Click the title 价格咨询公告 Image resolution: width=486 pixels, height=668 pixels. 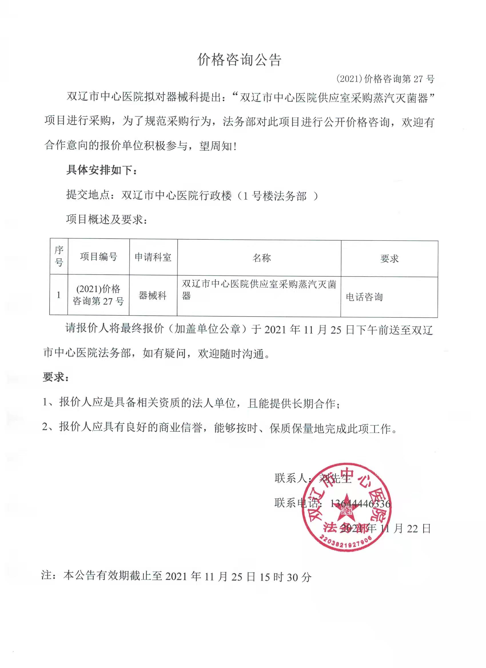coord(239,60)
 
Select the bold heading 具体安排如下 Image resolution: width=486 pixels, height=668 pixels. coord(102,170)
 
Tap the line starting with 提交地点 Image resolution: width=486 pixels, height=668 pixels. coord(192,195)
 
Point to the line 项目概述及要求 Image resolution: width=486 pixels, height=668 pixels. coord(106,219)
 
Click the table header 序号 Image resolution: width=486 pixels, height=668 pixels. coord(59,256)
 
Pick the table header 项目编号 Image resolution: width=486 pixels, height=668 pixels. coord(98,257)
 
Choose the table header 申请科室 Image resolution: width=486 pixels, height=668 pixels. coord(153,257)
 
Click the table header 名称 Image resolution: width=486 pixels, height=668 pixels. coord(261,258)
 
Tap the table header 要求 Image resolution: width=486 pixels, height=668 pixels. coord(389,259)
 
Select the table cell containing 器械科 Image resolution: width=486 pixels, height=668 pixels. coord(153,295)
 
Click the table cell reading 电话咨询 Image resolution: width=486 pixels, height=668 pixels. coord(364,297)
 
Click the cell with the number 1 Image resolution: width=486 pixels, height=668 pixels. coord(59,295)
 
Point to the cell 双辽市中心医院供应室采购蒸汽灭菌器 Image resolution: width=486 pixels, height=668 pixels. coord(259,289)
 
